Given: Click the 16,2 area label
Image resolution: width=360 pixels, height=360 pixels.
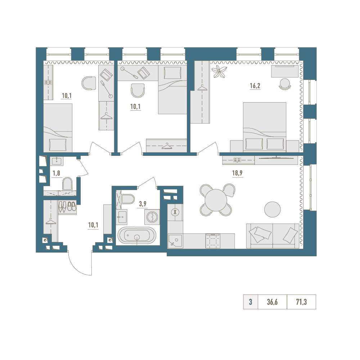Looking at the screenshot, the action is click(255, 86).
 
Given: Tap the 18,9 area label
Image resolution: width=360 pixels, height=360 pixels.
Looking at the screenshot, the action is click(237, 173).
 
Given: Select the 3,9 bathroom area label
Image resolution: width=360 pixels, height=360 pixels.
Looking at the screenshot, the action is click(143, 204).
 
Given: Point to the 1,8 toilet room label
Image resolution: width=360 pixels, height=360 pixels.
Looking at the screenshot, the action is click(57, 173).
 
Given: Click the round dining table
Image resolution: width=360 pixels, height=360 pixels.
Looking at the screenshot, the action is click(216, 200).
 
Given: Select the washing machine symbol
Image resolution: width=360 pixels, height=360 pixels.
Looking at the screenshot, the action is click(152, 217).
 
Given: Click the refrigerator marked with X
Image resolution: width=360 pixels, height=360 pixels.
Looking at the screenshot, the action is click(175, 212).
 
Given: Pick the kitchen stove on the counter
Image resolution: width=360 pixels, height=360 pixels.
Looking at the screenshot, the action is click(213, 241).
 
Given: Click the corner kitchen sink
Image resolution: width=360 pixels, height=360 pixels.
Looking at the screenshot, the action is click(175, 241).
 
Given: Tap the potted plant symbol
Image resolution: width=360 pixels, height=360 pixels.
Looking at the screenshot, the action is click(219, 71).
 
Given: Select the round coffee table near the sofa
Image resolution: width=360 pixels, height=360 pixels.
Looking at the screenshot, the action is click(273, 210).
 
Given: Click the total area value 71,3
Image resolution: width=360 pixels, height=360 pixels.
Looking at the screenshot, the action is click(301, 302).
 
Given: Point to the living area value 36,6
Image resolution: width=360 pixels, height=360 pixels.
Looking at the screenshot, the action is click(272, 302).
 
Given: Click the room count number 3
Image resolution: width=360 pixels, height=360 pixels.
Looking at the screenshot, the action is click(251, 302).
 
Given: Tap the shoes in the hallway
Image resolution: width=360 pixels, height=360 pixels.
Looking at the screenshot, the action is click(67, 206).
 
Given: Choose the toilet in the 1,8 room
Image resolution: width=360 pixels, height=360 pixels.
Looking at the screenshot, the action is click(67, 184).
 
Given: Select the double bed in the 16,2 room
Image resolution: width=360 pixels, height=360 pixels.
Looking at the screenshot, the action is click(265, 127).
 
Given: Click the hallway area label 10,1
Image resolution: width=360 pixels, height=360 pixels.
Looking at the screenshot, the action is click(93, 225).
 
